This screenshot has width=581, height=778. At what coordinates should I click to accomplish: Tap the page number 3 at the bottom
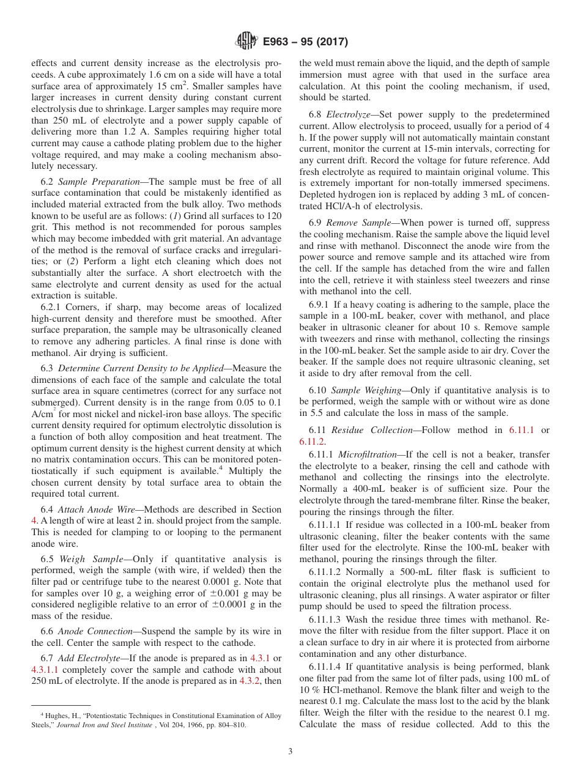pos(290,752)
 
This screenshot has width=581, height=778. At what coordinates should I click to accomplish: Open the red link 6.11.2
pos(312,441)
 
